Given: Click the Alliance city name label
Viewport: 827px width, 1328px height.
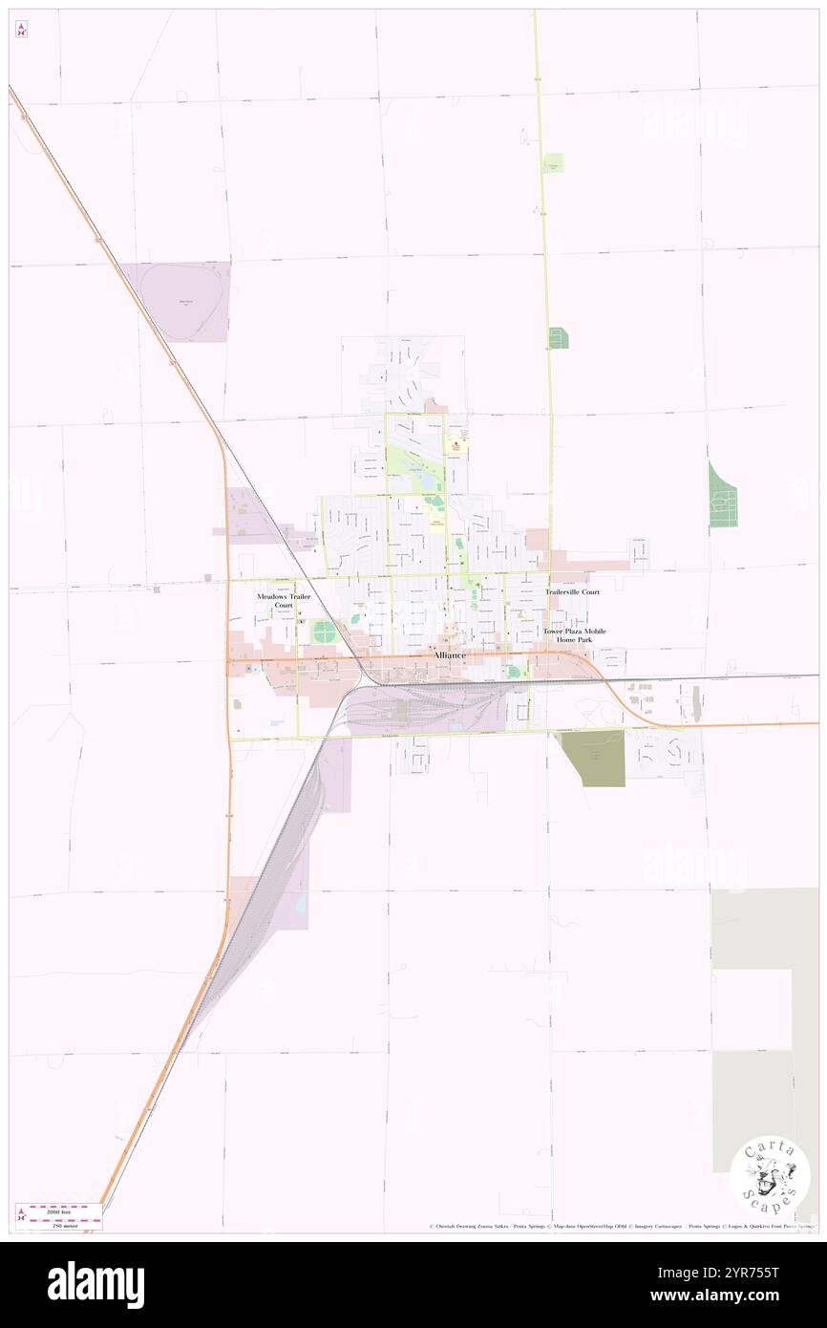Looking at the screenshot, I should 450,655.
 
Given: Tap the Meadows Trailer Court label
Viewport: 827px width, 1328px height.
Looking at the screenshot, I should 284,601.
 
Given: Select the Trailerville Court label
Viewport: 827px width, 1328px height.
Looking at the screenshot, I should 573,592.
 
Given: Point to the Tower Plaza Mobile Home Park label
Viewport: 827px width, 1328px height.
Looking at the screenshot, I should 575,635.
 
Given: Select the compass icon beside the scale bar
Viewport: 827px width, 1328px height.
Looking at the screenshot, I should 21,1216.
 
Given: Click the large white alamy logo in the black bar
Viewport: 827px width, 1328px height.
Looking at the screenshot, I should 95,1284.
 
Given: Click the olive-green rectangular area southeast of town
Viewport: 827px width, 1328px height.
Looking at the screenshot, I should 592,759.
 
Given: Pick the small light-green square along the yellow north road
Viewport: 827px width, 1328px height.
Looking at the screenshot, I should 554,163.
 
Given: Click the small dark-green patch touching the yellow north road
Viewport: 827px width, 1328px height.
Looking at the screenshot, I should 558,337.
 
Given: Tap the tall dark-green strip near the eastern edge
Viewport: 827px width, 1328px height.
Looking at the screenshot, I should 722,495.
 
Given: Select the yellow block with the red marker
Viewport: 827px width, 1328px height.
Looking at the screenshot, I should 456,445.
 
